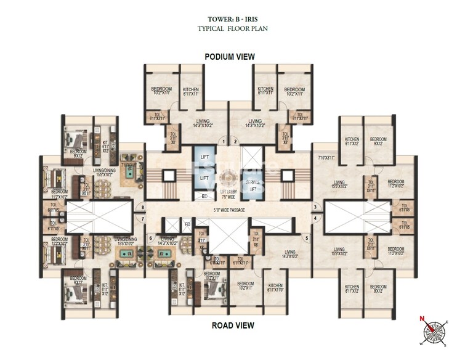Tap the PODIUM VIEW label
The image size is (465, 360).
(x=230, y=56)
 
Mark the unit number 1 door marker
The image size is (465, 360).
(x=225, y=141)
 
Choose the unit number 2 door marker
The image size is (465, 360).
(x=235, y=141)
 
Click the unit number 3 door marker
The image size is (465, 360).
(x=314, y=207)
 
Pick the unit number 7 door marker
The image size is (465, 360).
(x=142, y=218)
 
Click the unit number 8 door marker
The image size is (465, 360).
(x=142, y=207)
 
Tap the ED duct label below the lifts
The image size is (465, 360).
(x=204, y=196)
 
